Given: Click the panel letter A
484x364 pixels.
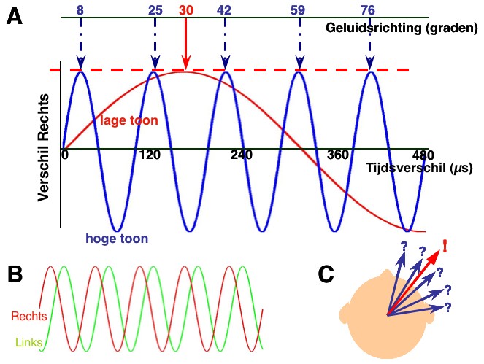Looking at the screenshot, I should [15, 18].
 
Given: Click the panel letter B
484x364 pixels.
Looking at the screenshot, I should [17, 274].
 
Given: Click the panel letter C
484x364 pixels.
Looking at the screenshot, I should [328, 274].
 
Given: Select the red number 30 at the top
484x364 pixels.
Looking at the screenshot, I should [186, 9].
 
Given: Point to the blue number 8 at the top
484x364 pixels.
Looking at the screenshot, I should [80, 9].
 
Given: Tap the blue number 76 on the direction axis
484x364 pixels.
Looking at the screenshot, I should [369, 9].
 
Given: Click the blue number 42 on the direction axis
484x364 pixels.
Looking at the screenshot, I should [226, 9].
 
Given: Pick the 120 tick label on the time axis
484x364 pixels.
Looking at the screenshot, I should [149, 155].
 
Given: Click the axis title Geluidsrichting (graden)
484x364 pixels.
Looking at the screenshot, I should [401, 28].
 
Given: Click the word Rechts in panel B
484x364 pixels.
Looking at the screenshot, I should [30, 316].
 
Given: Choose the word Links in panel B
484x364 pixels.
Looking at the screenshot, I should [28, 341].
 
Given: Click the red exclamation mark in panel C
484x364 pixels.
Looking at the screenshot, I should [445, 246].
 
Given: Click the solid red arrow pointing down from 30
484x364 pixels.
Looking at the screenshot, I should [186, 44].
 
